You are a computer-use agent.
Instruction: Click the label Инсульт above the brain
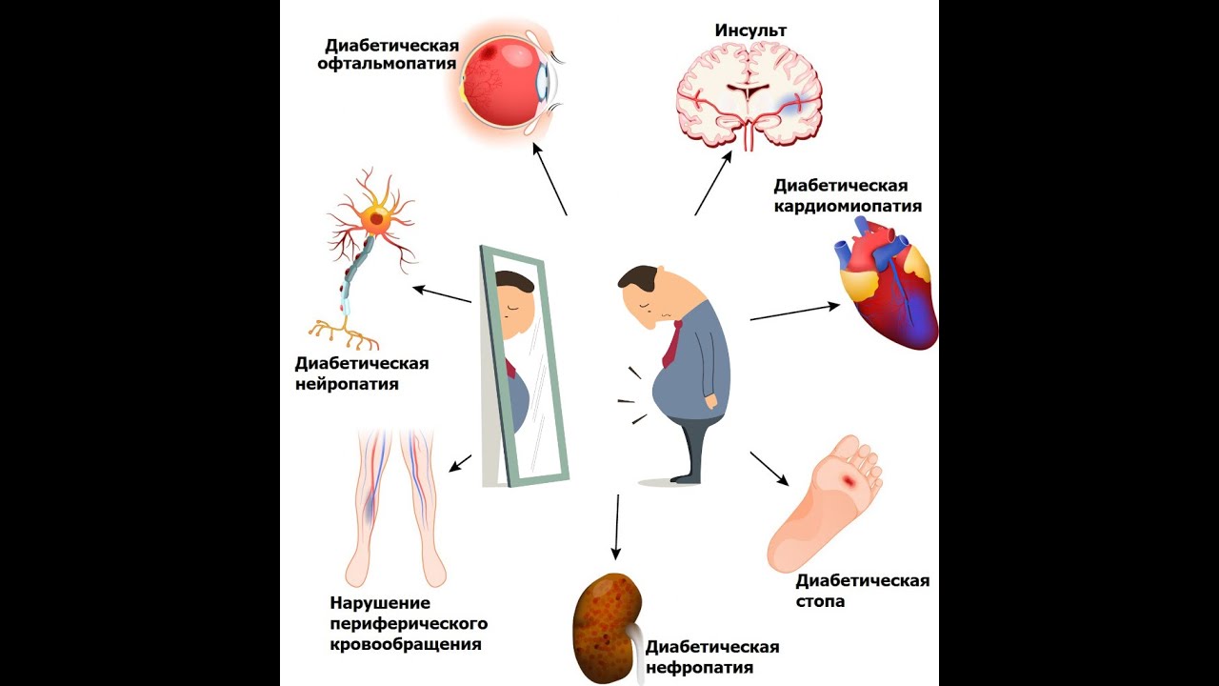coord(750,30)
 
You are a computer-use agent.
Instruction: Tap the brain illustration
coord(749,95)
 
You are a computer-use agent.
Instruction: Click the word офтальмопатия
coord(391,65)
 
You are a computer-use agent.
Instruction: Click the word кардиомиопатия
coord(848,206)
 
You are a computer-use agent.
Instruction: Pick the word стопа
coord(820,601)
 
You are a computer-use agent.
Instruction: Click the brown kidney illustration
coord(606,624)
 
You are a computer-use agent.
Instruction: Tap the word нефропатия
coord(699,668)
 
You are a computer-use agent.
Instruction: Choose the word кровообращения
coord(405,645)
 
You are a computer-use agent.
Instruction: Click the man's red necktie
coord(673,344)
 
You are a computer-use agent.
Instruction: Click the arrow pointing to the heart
coord(794,313)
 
